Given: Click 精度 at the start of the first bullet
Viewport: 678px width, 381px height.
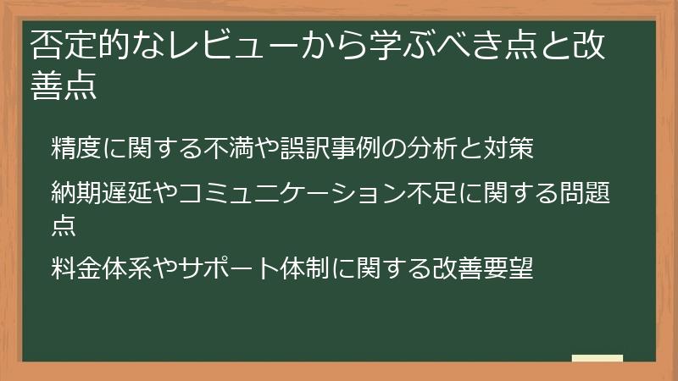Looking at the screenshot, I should click(x=73, y=148).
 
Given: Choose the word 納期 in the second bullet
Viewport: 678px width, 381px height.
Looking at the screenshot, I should click(x=73, y=195).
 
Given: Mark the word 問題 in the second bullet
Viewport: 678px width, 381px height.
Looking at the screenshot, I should click(x=586, y=195).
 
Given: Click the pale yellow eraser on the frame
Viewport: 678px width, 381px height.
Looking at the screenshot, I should click(x=597, y=358).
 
